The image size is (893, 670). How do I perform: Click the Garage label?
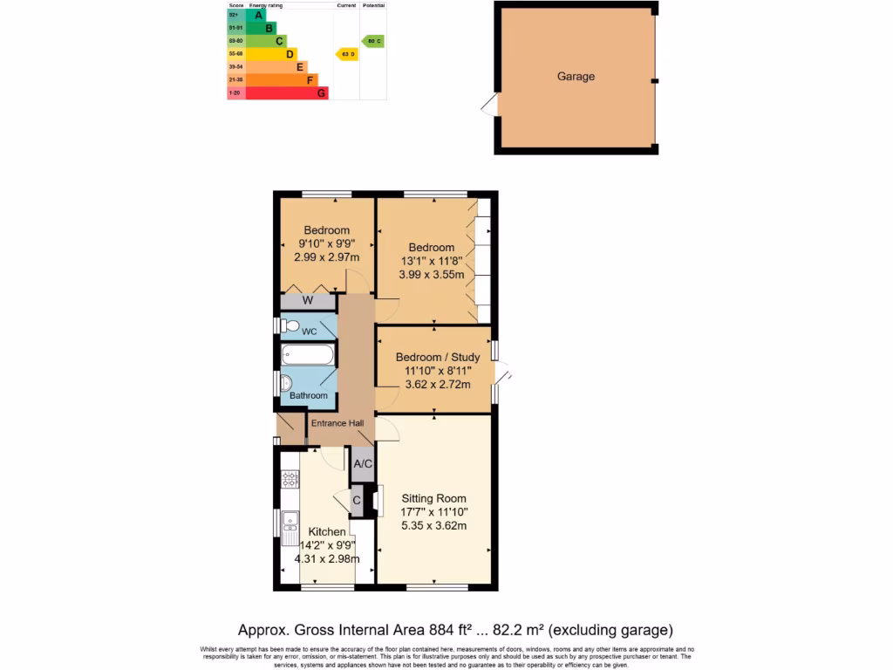tap(576, 77)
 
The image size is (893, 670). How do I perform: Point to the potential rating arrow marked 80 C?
tap(373, 41)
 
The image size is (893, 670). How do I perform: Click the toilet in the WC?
tap(289, 326)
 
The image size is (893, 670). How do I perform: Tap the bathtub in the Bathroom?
tap(307, 355)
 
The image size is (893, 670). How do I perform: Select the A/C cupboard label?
tap(363, 464)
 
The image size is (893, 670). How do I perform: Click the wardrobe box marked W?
tap(307, 302)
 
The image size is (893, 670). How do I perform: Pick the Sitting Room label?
tap(433, 499)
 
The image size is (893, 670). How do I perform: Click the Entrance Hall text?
tap(338, 423)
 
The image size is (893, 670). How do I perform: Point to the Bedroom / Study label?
tap(437, 357)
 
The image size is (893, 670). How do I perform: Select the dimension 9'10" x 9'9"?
tap(326, 244)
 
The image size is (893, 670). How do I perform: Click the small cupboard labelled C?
tap(356, 501)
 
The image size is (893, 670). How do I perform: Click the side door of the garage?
tap(491, 106)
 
